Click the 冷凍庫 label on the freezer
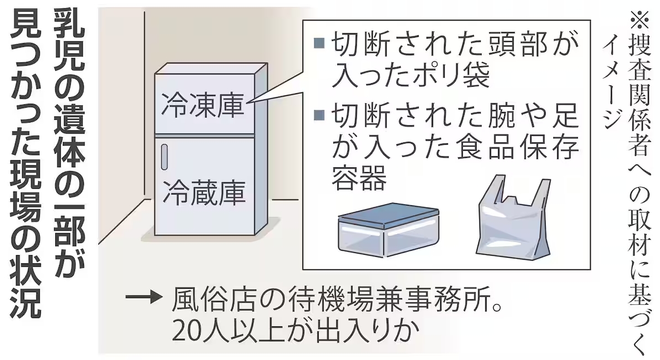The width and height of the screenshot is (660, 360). [x=203, y=104]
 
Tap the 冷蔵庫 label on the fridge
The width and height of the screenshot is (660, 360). [x=204, y=192]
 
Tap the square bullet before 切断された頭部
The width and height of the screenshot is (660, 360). [x=319, y=43]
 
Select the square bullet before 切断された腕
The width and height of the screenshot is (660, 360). [x=319, y=114]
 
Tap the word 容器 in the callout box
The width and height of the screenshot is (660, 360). [x=359, y=178]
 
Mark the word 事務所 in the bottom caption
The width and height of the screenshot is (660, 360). [x=451, y=299]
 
